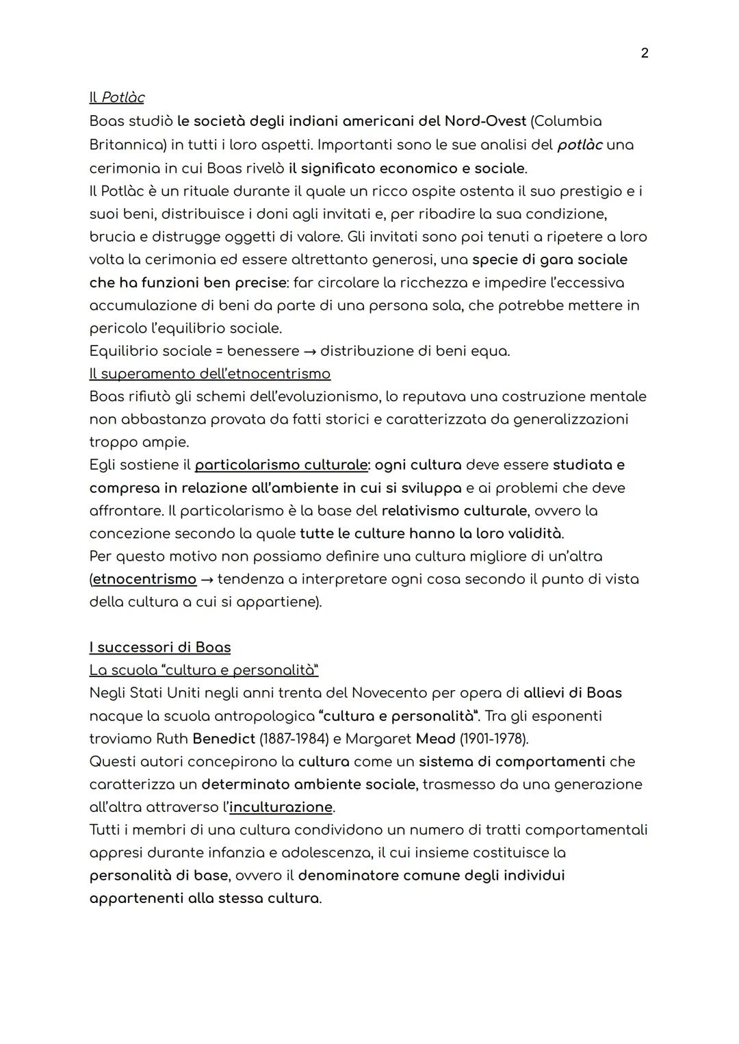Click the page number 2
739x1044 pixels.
coord(644,53)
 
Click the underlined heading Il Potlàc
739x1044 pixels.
coord(117,98)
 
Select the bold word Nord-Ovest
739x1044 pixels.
coord(485,121)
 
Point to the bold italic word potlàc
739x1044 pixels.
coord(580,145)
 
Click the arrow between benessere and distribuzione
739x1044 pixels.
coord(310,351)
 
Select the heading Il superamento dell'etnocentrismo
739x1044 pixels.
coord(209,374)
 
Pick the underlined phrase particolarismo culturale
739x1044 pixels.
coord(281,465)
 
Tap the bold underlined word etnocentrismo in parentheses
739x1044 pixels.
coord(144,579)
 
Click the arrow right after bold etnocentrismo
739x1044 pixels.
coord(207,579)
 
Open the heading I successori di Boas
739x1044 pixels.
coord(160,648)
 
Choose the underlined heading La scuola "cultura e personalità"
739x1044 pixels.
coord(204,670)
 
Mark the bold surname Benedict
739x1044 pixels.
coord(223,739)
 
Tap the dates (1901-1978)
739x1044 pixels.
coord(493,739)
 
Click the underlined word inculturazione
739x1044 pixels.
coord(281,807)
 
